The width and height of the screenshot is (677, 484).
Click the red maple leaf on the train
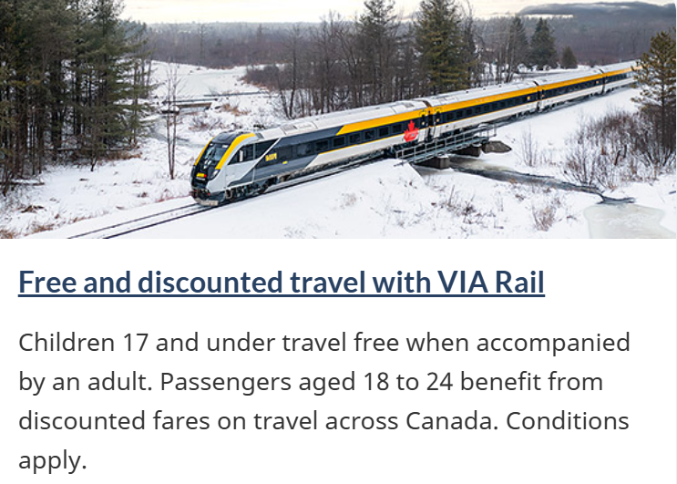411,131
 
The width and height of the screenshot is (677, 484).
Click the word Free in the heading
47,283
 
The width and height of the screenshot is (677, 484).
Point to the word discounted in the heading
210,283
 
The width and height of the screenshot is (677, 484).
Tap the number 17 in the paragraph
136,343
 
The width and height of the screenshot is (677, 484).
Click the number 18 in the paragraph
376,382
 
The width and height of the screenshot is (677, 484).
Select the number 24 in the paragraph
439,382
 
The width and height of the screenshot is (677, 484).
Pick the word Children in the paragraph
67,343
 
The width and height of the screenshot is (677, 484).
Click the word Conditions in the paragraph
568,421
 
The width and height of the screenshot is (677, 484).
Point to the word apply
53,461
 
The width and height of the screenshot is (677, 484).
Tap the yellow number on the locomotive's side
271,157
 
